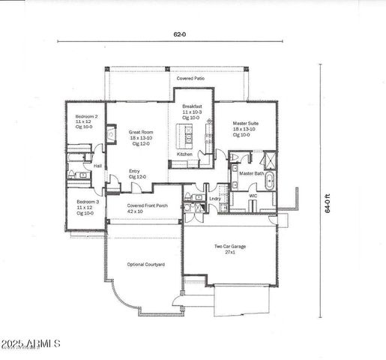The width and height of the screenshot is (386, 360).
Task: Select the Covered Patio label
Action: [x=190, y=78]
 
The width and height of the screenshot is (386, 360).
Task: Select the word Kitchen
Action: [x=184, y=154]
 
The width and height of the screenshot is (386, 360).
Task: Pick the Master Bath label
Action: [x=251, y=173]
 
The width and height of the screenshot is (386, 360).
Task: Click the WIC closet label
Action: [x=253, y=195]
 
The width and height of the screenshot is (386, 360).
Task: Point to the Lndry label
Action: [x=214, y=199]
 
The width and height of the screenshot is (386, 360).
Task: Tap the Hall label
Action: [x=97, y=166]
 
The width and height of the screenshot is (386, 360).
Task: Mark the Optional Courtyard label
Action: [x=146, y=265]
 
